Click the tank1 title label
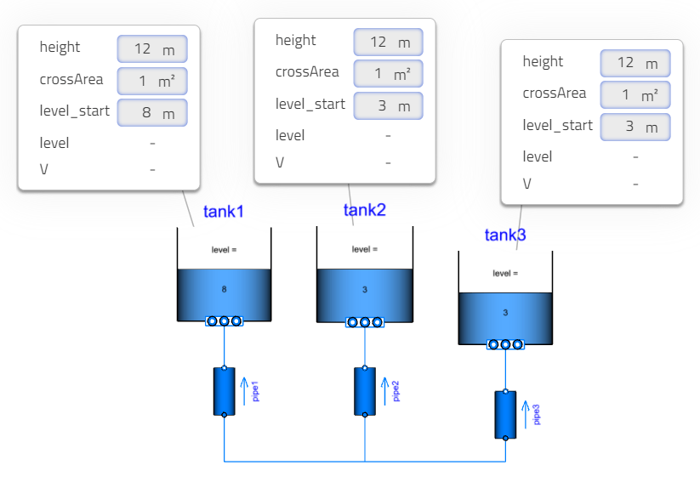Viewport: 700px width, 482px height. (224, 212)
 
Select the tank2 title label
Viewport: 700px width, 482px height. (365, 210)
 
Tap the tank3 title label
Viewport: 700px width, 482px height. (505, 235)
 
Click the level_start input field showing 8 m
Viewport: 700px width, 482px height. (151, 112)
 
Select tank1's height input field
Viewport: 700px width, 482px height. (151, 48)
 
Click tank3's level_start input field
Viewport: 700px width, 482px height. (635, 127)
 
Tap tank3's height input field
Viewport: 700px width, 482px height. (635, 63)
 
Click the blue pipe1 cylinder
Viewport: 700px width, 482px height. (224, 391)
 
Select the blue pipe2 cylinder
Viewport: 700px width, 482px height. (365, 391)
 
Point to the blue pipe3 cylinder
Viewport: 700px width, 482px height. (505, 414)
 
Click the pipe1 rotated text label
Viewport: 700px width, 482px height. (254, 392)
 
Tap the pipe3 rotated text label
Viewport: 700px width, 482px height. (536, 415)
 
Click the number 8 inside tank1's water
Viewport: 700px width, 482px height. (224, 290)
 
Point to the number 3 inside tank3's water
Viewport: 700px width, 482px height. (505, 313)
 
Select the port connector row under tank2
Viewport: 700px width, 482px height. (365, 322)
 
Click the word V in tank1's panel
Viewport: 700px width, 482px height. (43, 169)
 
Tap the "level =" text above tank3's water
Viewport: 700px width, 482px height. (505, 273)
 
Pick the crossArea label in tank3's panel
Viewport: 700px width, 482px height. (554, 94)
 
